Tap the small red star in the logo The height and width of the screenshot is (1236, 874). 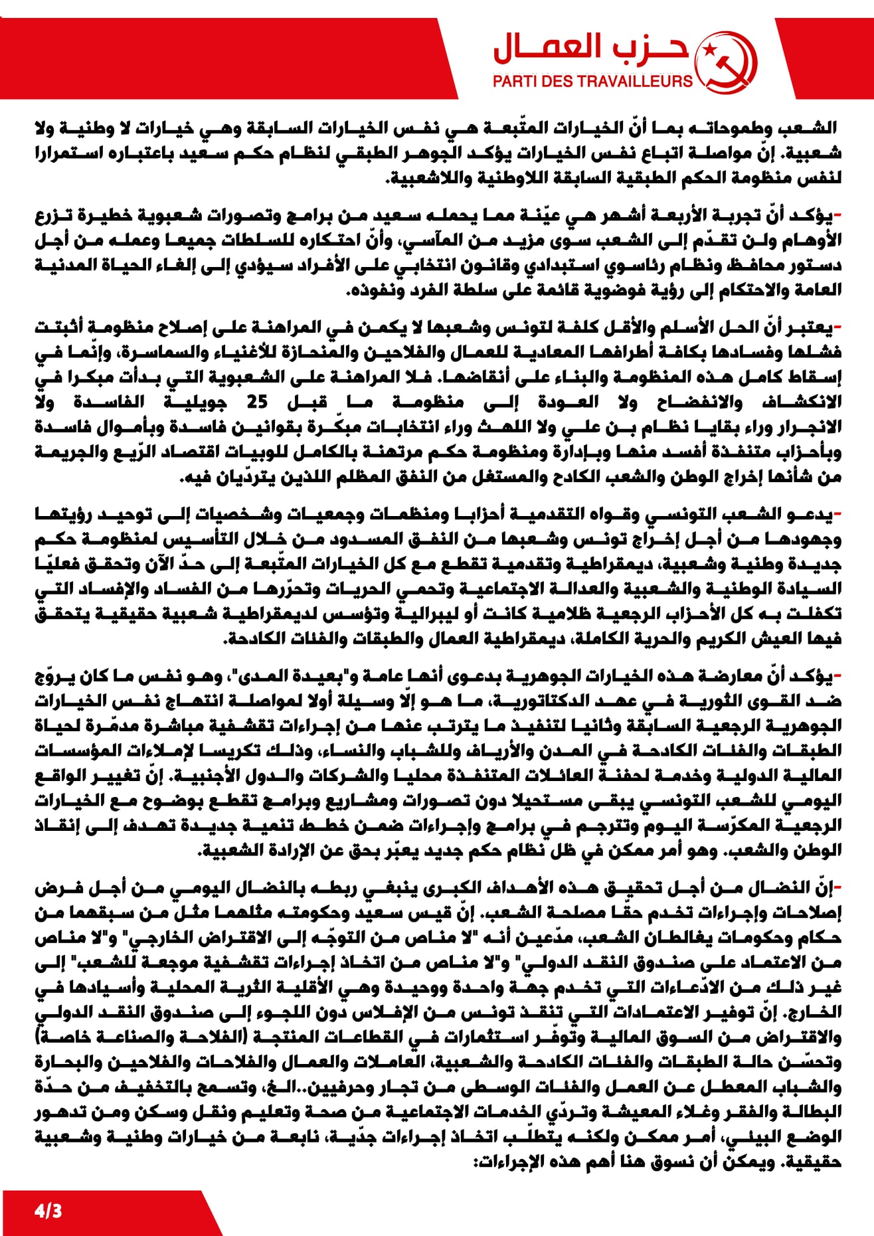point(709,48)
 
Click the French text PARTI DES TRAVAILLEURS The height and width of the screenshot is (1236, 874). point(592,82)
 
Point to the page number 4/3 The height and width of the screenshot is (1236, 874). point(48,1211)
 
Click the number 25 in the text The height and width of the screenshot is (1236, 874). point(257,402)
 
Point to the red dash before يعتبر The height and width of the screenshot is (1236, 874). point(837,327)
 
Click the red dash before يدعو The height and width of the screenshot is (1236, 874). point(837,514)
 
